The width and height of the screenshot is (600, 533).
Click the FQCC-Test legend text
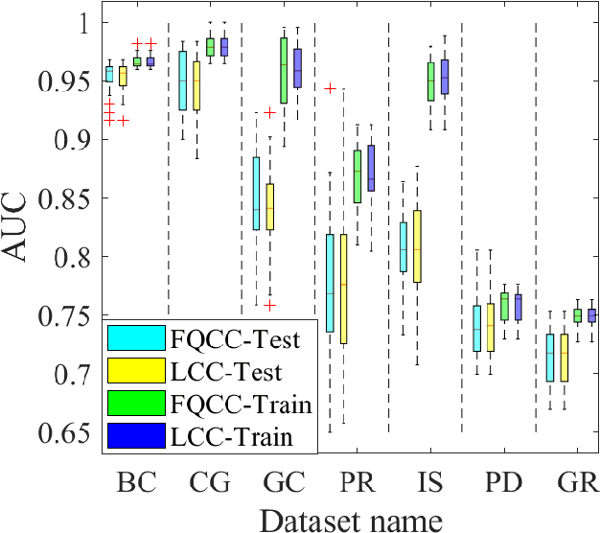point(241,338)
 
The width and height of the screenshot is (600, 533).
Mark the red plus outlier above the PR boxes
point(330,88)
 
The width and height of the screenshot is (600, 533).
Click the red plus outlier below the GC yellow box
point(269,305)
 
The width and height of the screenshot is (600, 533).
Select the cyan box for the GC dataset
point(256,194)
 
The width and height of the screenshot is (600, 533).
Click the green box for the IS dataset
point(430,81)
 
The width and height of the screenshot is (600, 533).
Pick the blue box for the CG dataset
point(225,47)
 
